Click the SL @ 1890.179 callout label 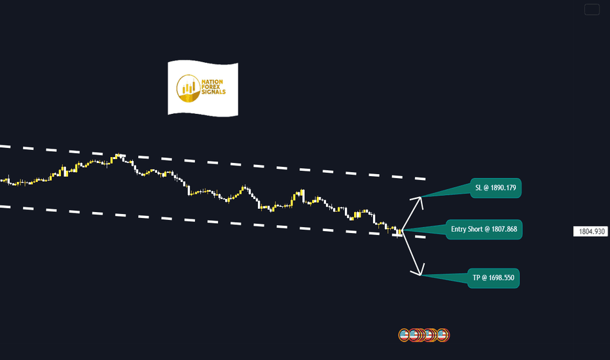pyautogui.click(x=495, y=188)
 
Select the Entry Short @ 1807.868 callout pyautogui.click(x=484, y=229)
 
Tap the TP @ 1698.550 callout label pyautogui.click(x=493, y=278)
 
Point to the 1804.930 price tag pyautogui.click(x=590, y=232)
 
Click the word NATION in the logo pyautogui.click(x=212, y=82)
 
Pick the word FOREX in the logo pyautogui.click(x=211, y=87)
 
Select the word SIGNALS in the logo pyautogui.click(x=213, y=92)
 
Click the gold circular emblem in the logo pyautogui.click(x=188, y=88)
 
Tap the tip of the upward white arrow pyautogui.click(x=421, y=197)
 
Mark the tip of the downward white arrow pyautogui.click(x=421, y=275)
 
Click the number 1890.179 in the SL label pyautogui.click(x=503, y=188)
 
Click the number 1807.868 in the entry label pyautogui.click(x=504, y=229)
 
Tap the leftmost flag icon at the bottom pyautogui.click(x=404, y=334)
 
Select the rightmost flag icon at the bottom pyautogui.click(x=442, y=334)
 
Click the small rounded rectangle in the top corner pyautogui.click(x=592, y=9)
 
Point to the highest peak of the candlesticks pyautogui.click(x=118, y=154)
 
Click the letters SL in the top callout pyautogui.click(x=478, y=188)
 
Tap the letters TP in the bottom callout pyautogui.click(x=476, y=278)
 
